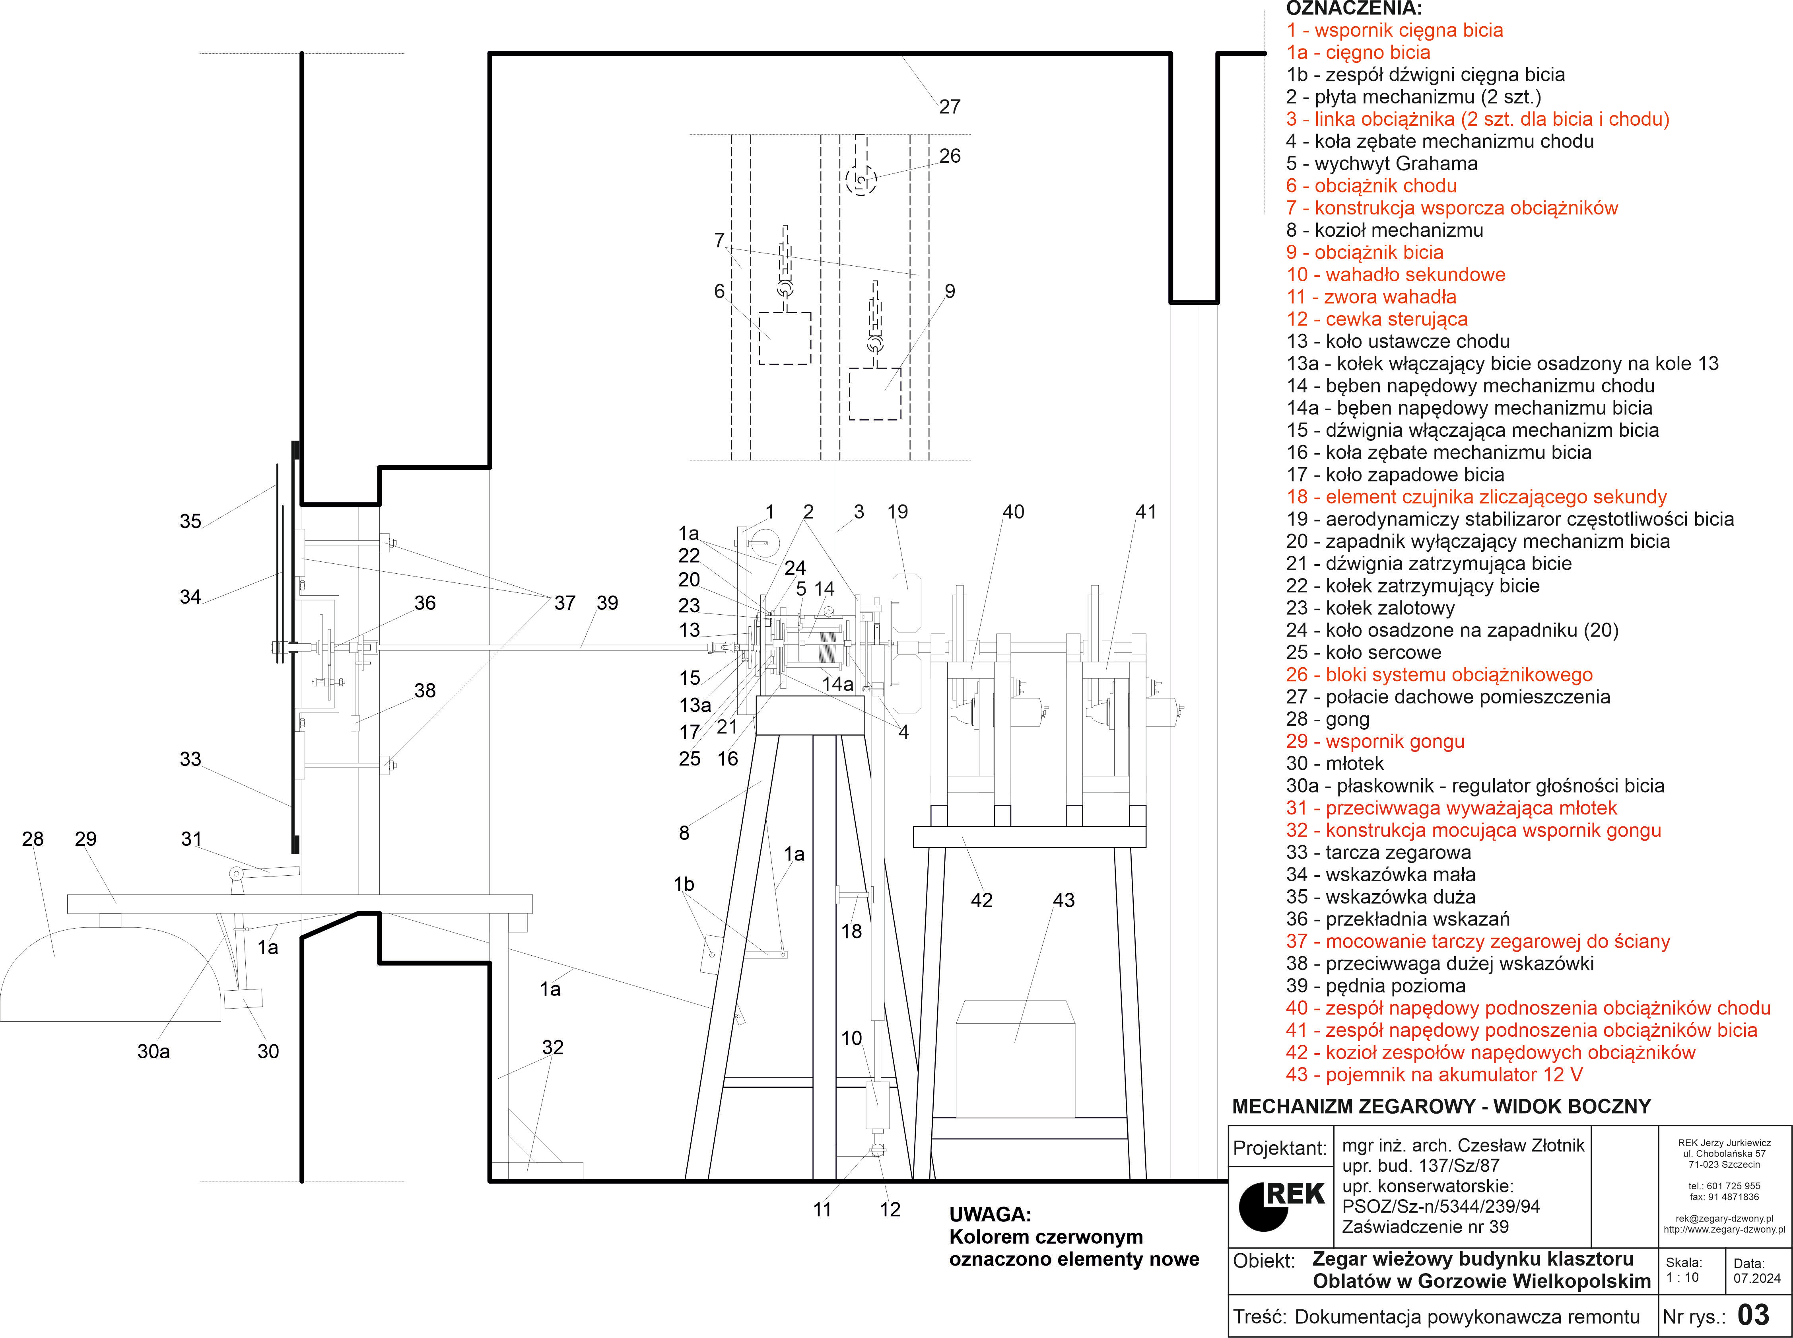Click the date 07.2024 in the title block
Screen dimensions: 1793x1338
1757,1278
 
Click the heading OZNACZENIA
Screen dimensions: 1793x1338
1354,9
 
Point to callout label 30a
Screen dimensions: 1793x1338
154,1051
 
